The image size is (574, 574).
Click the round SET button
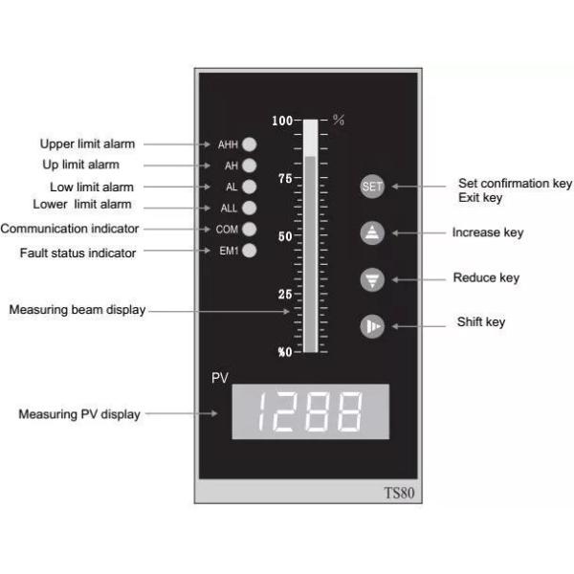(x=372, y=187)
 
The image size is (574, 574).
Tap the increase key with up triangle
(x=372, y=232)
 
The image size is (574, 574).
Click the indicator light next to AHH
(x=249, y=144)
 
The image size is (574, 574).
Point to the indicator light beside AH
(x=249, y=166)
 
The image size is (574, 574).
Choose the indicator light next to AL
(x=249, y=187)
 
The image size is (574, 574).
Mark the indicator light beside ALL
(x=249, y=208)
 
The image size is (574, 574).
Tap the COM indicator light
(x=249, y=229)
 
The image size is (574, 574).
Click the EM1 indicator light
(x=249, y=251)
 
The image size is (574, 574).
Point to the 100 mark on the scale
(x=281, y=121)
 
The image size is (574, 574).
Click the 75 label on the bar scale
(x=284, y=179)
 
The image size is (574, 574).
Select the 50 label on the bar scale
(x=284, y=236)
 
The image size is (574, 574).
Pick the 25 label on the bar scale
(x=284, y=294)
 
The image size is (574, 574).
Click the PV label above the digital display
(x=219, y=378)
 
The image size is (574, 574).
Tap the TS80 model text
(x=398, y=494)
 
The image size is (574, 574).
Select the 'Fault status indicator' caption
(x=77, y=253)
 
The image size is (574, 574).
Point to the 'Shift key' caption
(x=481, y=322)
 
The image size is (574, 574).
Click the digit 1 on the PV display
(x=257, y=411)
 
